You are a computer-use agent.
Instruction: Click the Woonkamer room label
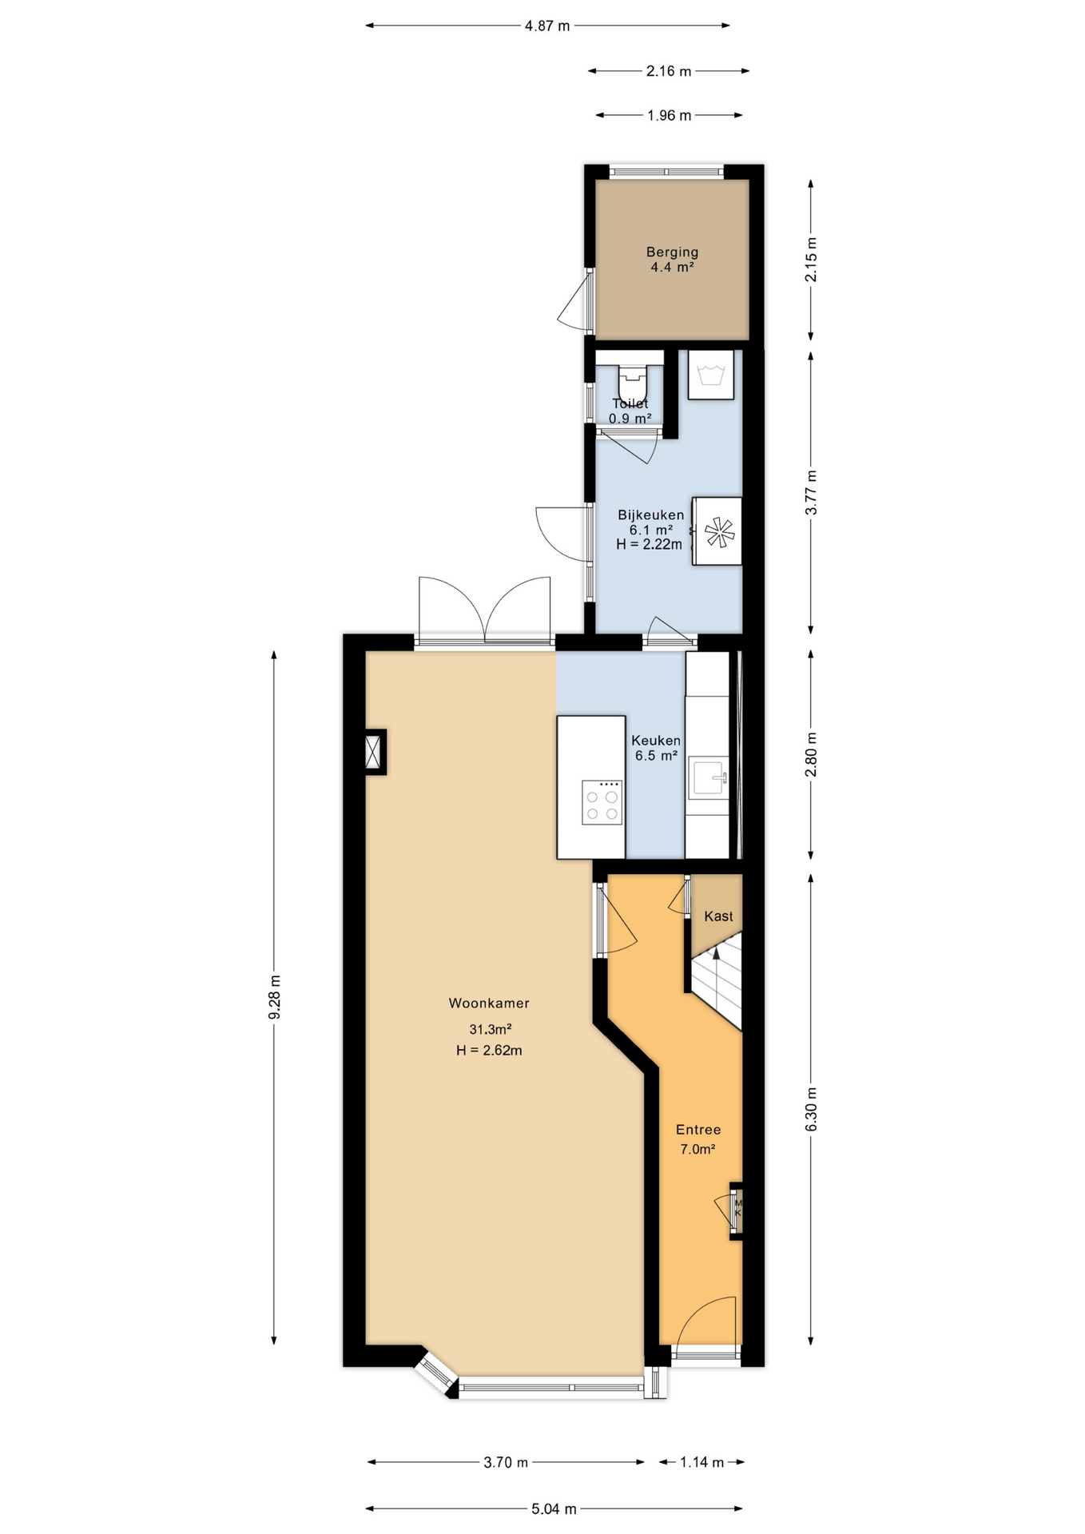[x=489, y=1003]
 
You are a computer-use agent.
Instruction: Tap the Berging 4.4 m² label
[x=672, y=260]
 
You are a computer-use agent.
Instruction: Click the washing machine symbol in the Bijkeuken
[x=711, y=375]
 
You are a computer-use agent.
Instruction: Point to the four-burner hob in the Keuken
[x=602, y=802]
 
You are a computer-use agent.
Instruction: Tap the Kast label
[x=718, y=916]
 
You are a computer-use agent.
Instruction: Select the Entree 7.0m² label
[x=698, y=1139]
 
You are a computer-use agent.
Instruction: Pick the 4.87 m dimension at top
[x=547, y=26]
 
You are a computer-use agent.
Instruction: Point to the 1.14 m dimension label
[x=701, y=1462]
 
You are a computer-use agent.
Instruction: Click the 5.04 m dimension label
[x=554, y=1508]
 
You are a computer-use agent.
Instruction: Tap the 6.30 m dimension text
[x=811, y=1109]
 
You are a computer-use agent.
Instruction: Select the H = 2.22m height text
[x=649, y=545]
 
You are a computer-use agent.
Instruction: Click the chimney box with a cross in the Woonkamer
[x=374, y=752]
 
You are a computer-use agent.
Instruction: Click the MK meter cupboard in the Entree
[x=737, y=1210]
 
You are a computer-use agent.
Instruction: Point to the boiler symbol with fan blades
[x=717, y=531]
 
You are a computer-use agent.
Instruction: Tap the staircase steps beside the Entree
[x=717, y=984]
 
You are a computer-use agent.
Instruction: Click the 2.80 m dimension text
[x=811, y=754]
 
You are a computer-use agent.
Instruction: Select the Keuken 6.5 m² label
[x=656, y=748]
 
